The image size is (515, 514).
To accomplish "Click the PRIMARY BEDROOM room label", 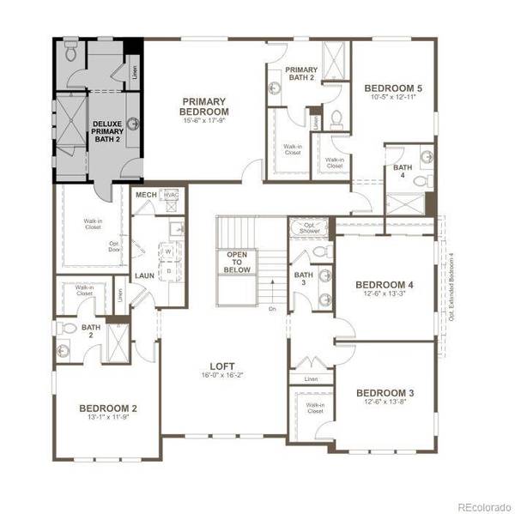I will (203, 106).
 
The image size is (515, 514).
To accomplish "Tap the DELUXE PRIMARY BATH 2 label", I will (106, 131).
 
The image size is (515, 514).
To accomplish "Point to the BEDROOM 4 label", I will (385, 285).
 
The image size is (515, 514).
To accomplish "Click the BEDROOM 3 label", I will (385, 393).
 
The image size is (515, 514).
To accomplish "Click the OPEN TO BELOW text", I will (236, 261).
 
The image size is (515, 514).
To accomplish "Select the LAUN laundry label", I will (143, 275).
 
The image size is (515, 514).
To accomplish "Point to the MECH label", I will (145, 196).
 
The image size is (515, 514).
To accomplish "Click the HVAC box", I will (170, 196).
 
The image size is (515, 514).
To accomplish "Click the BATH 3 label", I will (303, 281).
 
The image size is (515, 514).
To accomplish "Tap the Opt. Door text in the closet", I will (113, 245).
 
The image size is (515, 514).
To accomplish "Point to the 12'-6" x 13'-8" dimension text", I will (385, 405).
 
